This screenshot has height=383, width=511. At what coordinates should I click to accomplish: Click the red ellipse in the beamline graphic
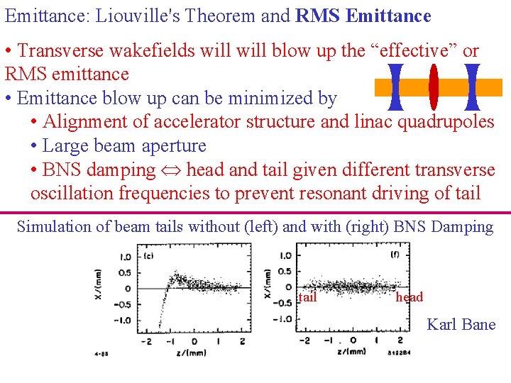(434, 87)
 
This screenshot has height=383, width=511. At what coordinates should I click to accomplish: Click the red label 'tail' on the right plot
(307, 297)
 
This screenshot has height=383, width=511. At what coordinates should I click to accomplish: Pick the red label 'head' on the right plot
(410, 297)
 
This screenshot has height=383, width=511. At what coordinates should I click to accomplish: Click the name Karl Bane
(461, 324)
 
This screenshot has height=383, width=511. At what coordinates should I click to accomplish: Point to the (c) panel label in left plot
(150, 257)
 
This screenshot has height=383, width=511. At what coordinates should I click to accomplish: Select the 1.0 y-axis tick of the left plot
(125, 257)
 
